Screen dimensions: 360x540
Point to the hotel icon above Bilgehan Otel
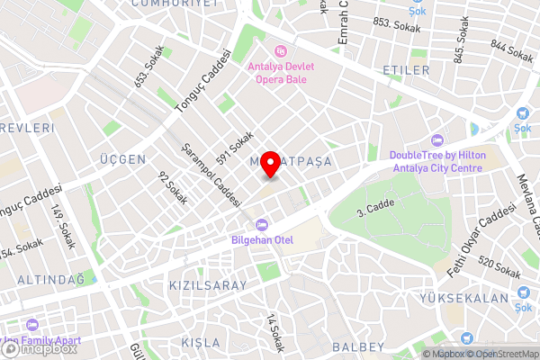[261, 224]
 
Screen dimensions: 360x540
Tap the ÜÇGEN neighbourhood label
[124, 159]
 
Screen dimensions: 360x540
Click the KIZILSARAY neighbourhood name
[195, 284]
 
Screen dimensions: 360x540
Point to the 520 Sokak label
[499, 267]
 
